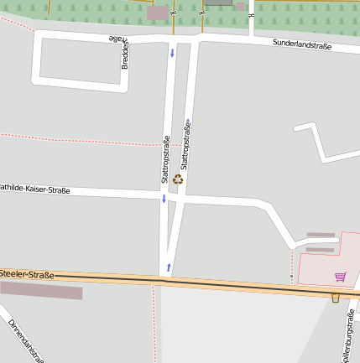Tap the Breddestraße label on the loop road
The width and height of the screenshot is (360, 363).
click(124, 52)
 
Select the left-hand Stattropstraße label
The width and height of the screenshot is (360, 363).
click(165, 159)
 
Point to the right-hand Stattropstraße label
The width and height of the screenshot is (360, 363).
click(185, 145)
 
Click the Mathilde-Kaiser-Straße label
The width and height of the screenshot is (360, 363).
click(34, 190)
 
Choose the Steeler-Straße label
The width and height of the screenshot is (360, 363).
click(27, 274)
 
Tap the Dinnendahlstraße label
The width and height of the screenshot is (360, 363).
click(25, 340)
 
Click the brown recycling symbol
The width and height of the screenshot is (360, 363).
click(178, 179)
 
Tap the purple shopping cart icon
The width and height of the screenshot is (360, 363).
click(340, 276)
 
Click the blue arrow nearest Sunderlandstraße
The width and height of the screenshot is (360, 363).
click(172, 54)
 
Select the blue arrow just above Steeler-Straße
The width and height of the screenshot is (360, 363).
click(170, 267)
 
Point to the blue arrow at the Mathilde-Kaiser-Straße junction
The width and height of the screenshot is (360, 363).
click(164, 200)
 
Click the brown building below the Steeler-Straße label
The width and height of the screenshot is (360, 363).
click(41, 290)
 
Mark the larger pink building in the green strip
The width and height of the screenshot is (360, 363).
click(157, 13)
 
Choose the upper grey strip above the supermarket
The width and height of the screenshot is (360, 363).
click(321, 235)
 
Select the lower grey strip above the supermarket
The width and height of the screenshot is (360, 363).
click(319, 249)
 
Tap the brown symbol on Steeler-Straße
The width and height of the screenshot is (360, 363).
click(336, 298)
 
